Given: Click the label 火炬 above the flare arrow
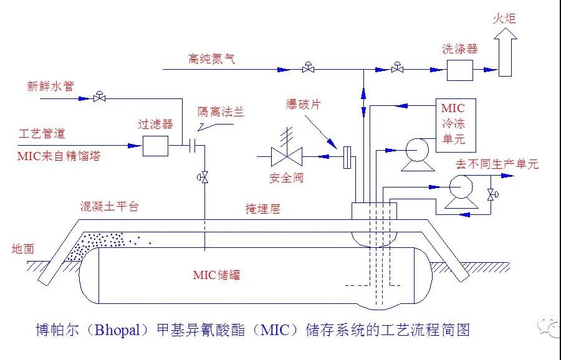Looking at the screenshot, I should click(x=504, y=19).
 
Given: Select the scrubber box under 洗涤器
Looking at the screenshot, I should click(x=459, y=70).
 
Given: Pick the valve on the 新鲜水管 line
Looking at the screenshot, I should click(x=98, y=97).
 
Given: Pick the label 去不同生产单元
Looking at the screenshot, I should click(x=497, y=164).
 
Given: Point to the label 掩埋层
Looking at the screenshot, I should click(x=262, y=209).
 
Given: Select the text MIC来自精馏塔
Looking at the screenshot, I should click(x=59, y=157).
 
